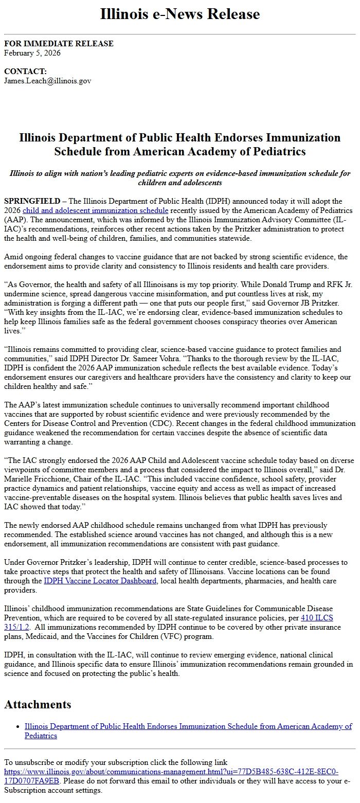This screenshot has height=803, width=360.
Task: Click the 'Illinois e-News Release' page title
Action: coord(180,14)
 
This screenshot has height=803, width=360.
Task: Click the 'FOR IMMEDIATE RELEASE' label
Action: coord(59,44)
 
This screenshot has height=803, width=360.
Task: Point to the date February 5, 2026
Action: coord(32,53)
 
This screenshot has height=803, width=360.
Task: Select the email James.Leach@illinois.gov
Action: coord(48,81)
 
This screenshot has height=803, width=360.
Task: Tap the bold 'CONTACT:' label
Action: coord(25,72)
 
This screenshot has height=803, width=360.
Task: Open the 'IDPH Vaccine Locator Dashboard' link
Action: coord(100,581)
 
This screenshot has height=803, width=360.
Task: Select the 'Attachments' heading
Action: coord(38,704)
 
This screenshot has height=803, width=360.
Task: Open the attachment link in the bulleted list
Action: coord(188,726)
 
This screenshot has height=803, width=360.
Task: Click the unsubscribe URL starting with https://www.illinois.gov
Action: coord(171,772)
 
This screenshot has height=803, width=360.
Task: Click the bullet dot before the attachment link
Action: coord(17,726)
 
